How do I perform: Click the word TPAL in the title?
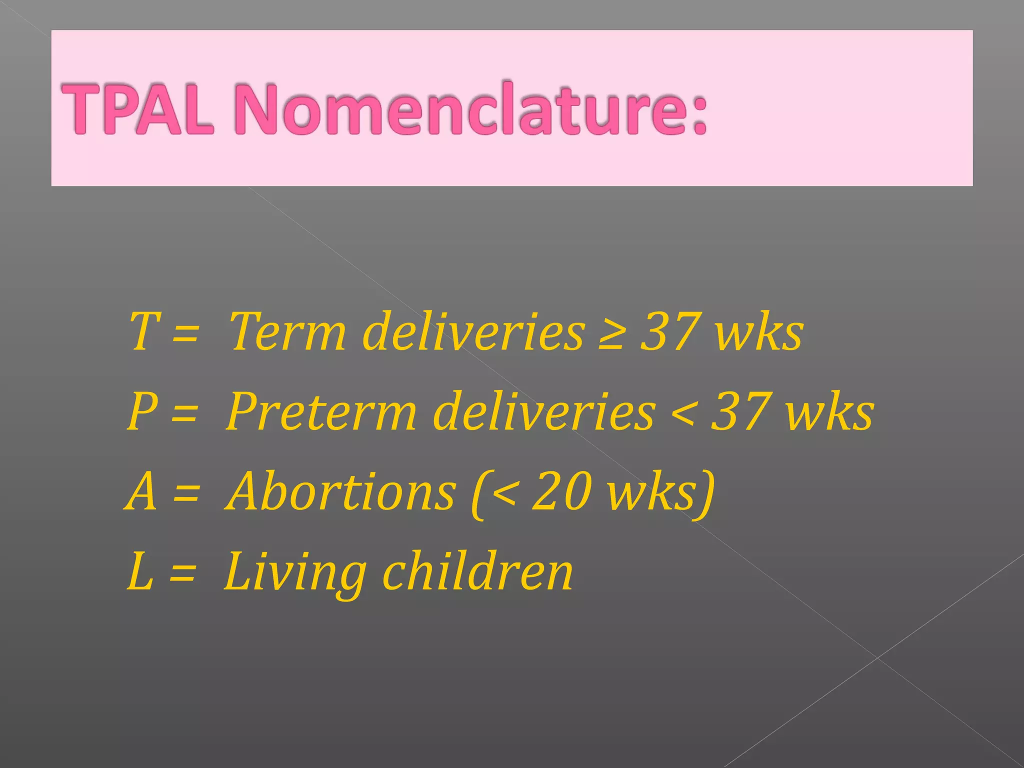point(137,108)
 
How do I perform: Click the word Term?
point(287,331)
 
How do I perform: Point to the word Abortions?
point(340,492)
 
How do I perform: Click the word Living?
point(295,573)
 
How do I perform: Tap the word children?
point(477,572)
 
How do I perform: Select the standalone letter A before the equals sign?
point(141,492)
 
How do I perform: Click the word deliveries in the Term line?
point(473,331)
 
